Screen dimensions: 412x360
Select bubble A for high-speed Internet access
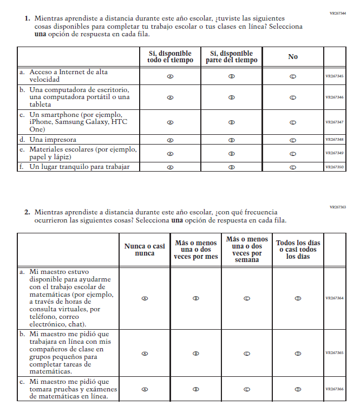(x=170, y=76)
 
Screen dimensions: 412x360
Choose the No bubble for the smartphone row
(x=293, y=122)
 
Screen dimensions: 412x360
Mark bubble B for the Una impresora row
(x=232, y=140)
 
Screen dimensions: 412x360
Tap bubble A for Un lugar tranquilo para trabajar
(x=170, y=167)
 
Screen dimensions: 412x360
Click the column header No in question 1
(x=293, y=57)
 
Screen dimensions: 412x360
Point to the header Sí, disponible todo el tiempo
(x=170, y=57)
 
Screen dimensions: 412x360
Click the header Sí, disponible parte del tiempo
(x=232, y=57)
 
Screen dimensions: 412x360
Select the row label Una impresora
(x=53, y=140)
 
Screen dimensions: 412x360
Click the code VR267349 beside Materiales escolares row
(x=335, y=154)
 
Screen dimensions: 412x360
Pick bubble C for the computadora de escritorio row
(x=293, y=97)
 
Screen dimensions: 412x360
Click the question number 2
(x=27, y=212)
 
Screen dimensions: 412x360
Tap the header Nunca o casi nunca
(x=145, y=250)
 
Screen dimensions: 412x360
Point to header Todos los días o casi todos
(x=298, y=250)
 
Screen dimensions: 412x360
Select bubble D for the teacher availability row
(x=298, y=298)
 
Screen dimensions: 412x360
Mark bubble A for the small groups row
(x=145, y=354)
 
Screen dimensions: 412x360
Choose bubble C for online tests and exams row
(x=247, y=389)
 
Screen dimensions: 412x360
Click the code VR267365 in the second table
(x=335, y=353)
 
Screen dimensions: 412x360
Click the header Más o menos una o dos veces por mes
(x=196, y=250)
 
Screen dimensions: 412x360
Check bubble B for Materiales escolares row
(x=232, y=154)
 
